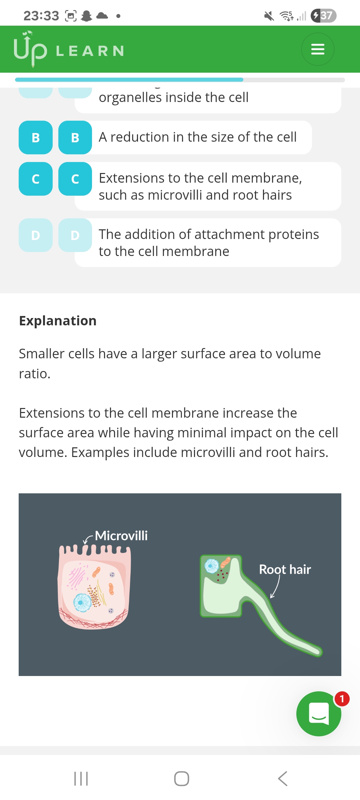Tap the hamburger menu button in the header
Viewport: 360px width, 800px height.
tap(317, 49)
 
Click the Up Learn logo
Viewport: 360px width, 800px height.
tap(68, 50)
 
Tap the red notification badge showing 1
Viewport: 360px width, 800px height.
tap(342, 699)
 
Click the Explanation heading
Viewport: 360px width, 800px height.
tap(58, 321)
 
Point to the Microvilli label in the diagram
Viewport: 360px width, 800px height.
tap(121, 536)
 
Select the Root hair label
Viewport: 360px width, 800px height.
tap(285, 569)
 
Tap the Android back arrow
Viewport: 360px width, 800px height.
tap(283, 779)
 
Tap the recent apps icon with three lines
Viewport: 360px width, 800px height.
tap(81, 779)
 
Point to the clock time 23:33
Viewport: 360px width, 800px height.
tap(41, 16)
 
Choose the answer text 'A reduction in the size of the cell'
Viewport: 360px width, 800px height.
tap(197, 137)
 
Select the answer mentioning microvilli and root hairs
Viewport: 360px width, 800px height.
tap(200, 186)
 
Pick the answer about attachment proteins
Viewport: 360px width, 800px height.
tap(208, 243)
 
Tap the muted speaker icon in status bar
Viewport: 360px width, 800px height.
tap(269, 16)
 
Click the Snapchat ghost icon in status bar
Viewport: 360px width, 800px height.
tap(87, 16)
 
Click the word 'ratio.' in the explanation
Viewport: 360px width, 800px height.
tap(35, 374)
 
